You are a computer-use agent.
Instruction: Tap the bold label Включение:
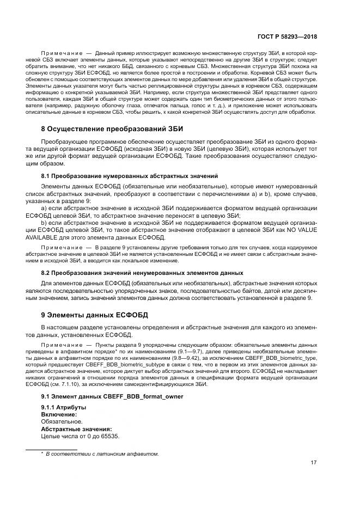pyautogui.click(x=59, y=414)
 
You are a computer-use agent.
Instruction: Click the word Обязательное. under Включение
pyautogui.click(x=62, y=421)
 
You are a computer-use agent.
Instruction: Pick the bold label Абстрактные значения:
pyautogui.click(x=76, y=428)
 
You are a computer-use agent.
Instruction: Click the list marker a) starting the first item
pyautogui.click(x=45, y=208)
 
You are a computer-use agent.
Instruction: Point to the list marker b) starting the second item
pyautogui.click(x=45, y=223)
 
